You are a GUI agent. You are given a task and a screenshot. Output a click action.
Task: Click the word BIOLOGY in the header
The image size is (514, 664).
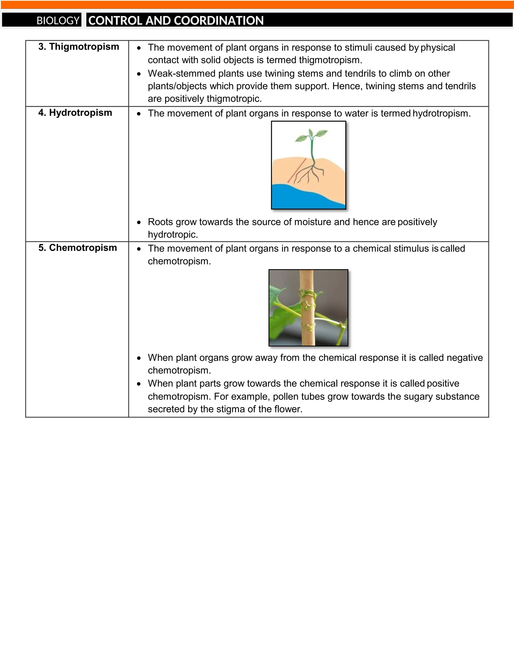tap(58, 20)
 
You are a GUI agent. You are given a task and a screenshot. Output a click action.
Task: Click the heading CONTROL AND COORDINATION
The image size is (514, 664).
tap(176, 20)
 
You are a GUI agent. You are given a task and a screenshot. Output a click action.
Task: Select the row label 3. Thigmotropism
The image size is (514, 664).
tap(79, 47)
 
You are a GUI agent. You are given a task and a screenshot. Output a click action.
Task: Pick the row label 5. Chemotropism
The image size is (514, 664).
tap(78, 248)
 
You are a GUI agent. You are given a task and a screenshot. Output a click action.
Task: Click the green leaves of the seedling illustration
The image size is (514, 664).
tap(311, 135)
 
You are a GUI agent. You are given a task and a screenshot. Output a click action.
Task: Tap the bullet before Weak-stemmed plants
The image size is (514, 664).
tap(139, 74)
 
